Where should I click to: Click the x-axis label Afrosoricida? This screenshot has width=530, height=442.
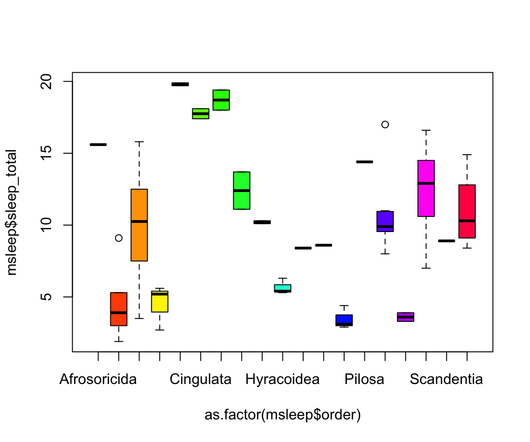pos(98,380)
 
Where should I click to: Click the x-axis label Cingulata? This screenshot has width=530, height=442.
pos(201,380)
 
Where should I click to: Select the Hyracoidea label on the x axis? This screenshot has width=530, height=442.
pos(282,380)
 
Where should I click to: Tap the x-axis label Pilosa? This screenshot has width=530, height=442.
pos(364,380)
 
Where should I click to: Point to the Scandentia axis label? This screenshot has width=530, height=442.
pos(446,380)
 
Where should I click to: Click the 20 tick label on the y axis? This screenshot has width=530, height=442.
pos(54,81)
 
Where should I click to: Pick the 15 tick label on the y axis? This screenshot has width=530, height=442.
pos(54,153)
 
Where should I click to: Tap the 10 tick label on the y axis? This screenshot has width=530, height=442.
pos(54,225)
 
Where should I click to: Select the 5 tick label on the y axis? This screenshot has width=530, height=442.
pos(54,297)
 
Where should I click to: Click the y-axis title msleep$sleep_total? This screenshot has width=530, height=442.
pos(12,212)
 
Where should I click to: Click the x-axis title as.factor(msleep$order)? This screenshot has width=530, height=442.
pos(282,415)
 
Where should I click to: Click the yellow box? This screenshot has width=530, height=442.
pos(160,302)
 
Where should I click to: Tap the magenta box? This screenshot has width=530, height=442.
pos(426,188)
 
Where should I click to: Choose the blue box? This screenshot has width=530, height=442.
pos(344,320)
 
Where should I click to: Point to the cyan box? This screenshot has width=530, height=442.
pos(282,288)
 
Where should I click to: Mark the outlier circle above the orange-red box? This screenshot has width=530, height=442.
pos(119,238)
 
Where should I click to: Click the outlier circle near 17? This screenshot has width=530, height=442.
pos(385,124)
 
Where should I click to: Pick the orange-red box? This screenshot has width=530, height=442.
pos(119,309)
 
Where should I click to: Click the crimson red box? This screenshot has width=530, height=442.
pos(467,211)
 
